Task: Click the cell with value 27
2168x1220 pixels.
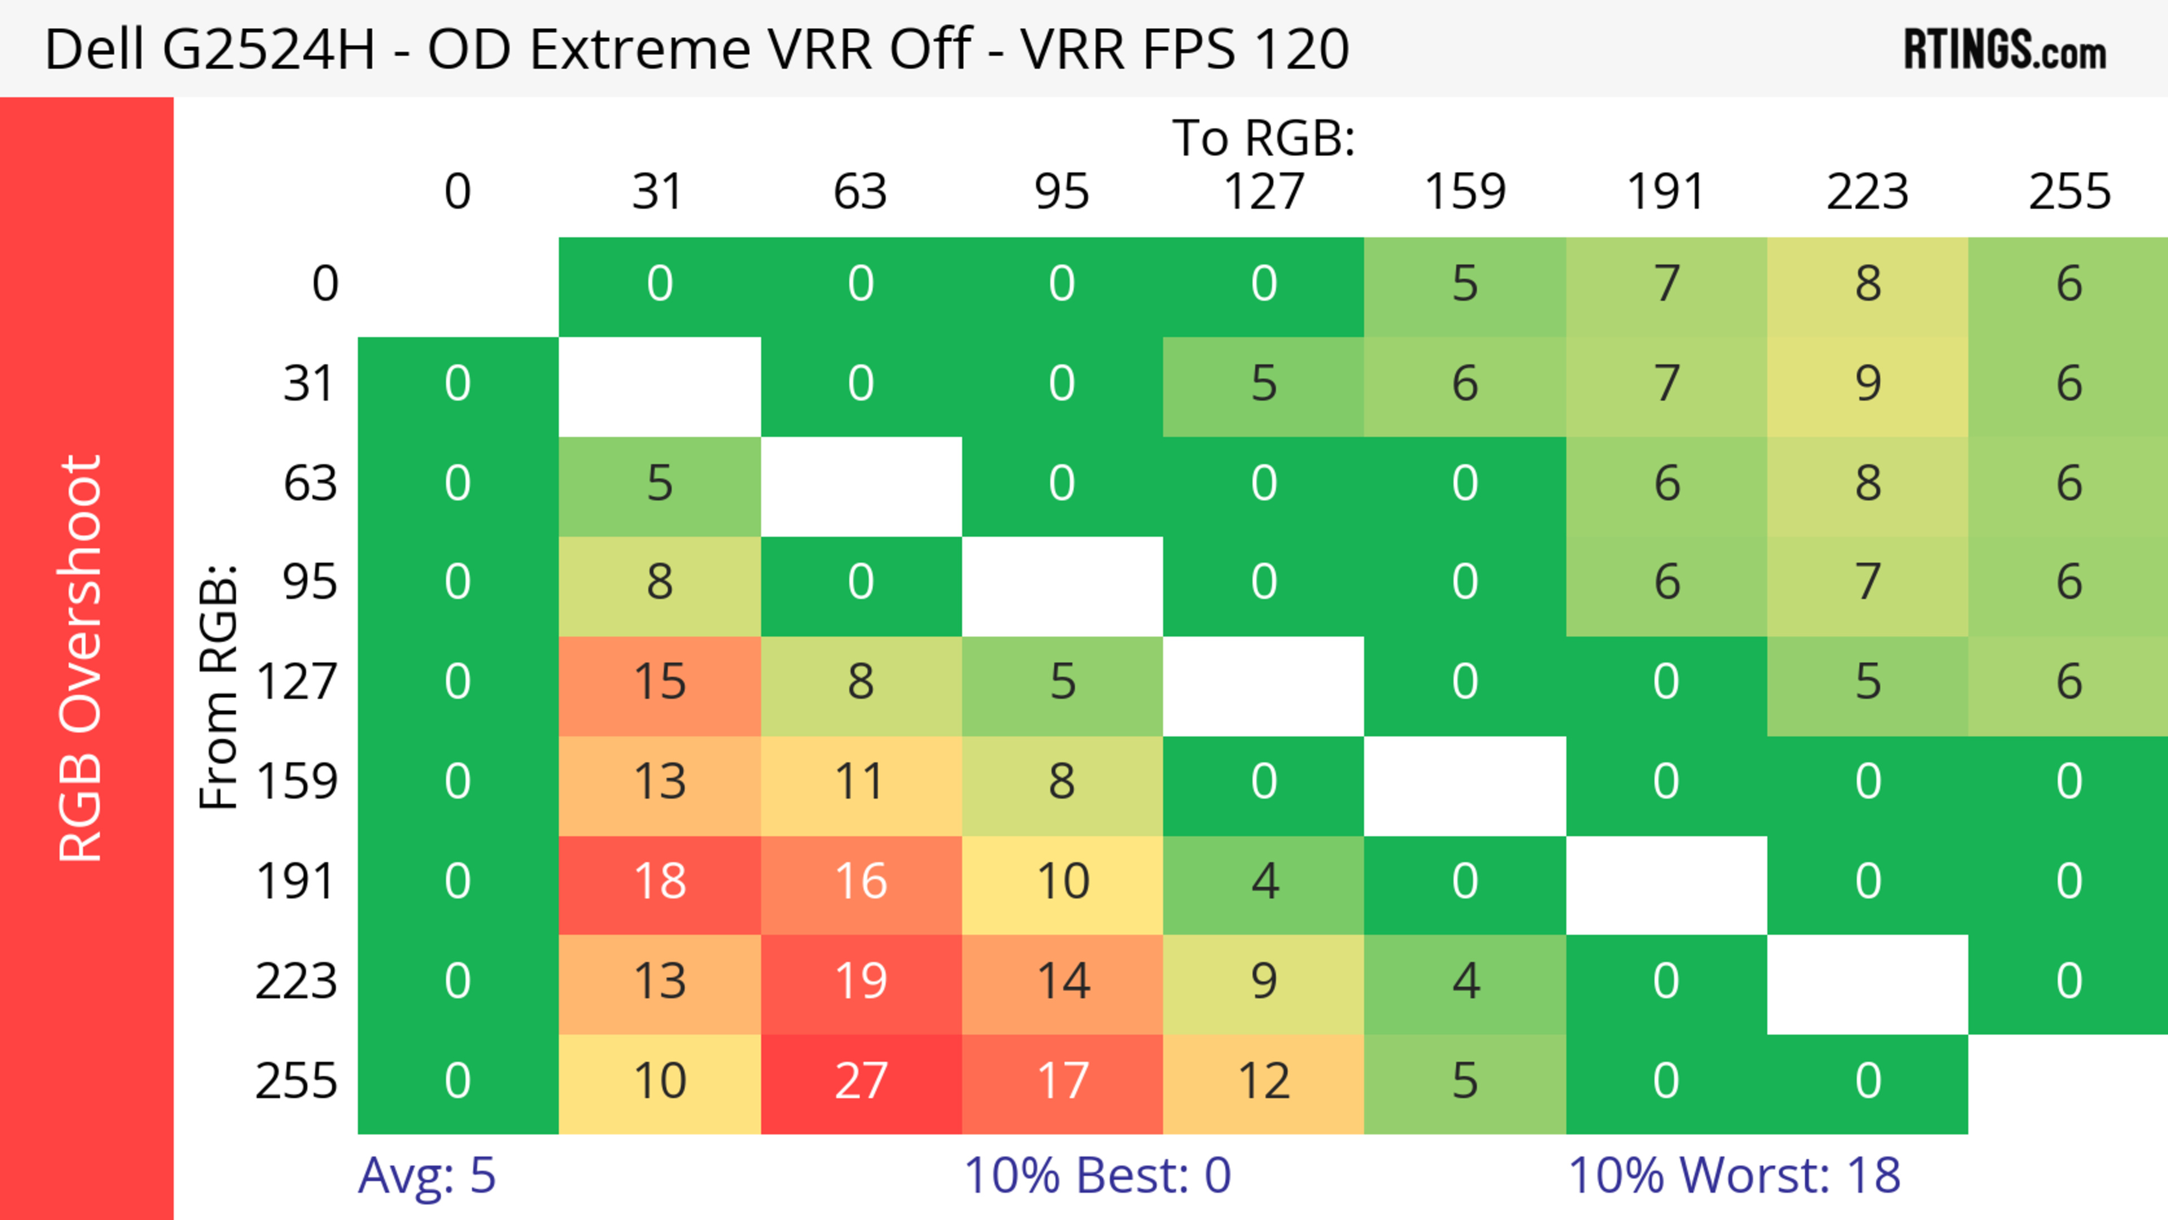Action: tap(861, 1081)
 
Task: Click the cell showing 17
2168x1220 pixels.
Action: tap(1062, 1081)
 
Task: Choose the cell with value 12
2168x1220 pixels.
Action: tap(1264, 1081)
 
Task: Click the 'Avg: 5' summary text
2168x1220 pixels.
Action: tap(427, 1175)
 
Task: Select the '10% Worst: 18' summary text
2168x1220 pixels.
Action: tap(1734, 1175)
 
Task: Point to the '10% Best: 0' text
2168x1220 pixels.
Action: tap(1096, 1175)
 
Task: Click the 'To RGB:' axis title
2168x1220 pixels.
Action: tap(1264, 138)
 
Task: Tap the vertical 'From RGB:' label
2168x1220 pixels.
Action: tap(219, 686)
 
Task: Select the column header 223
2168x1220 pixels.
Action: tap(1868, 193)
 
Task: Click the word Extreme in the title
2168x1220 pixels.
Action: tap(640, 49)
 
